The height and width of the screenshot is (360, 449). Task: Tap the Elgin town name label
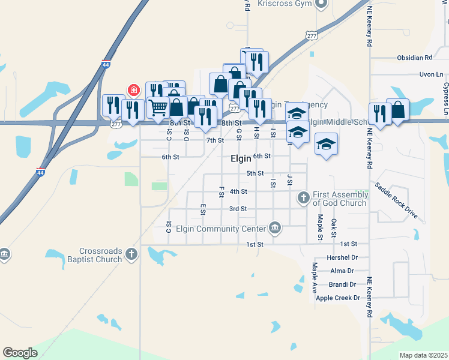tap(241, 159)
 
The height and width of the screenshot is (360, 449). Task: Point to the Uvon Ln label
tap(431, 74)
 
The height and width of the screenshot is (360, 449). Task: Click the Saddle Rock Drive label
tap(396, 195)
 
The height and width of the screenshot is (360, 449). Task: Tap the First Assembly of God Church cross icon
tap(304, 197)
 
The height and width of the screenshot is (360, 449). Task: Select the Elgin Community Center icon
tap(275, 227)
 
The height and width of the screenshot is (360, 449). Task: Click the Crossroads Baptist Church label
tap(101, 255)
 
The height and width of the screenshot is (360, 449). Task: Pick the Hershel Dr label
tap(342, 257)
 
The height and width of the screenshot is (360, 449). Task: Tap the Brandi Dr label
tap(343, 284)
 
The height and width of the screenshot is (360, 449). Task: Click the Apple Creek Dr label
tap(337, 298)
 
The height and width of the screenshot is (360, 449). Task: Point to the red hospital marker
tap(133, 91)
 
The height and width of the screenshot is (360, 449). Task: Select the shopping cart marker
tap(158, 107)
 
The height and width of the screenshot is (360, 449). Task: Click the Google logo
tap(20, 353)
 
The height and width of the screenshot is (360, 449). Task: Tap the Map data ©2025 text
tap(423, 355)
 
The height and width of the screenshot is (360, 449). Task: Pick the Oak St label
tap(334, 227)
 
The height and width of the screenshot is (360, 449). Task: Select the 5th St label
tap(255, 173)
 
